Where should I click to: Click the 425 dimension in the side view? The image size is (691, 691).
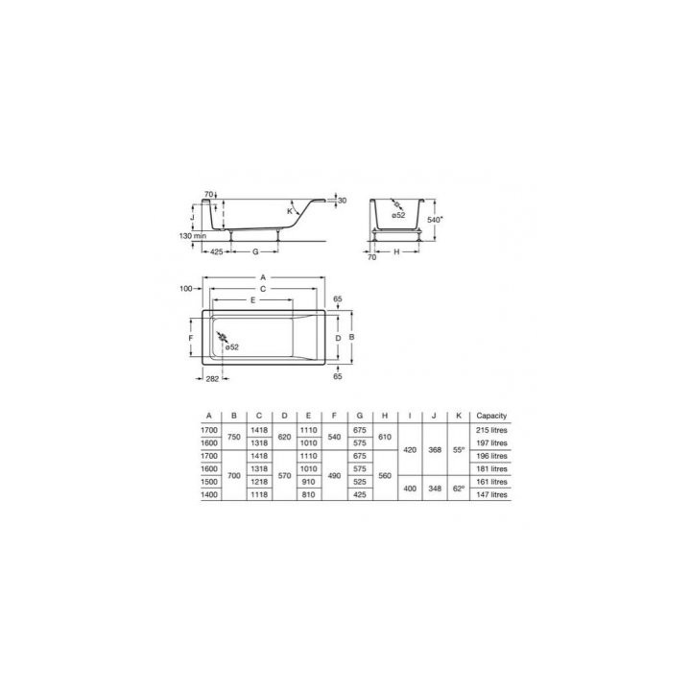[x=216, y=250]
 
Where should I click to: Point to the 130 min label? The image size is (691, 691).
[x=193, y=235]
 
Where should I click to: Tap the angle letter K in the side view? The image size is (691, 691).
[x=288, y=211]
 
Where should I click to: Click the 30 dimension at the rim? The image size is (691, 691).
[x=342, y=201]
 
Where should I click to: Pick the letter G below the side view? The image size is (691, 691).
[x=254, y=250]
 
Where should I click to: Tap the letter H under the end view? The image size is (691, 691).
[x=397, y=250]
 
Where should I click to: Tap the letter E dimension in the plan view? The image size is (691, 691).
[x=252, y=300]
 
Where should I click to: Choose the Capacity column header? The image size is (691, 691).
[x=491, y=416]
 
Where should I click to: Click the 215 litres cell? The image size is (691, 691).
[x=491, y=430]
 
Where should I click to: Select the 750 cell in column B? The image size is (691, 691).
[x=233, y=437]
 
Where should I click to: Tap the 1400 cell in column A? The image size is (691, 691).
[x=207, y=495]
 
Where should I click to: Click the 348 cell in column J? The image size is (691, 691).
[x=435, y=488]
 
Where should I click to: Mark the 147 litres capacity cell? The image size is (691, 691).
[x=491, y=495]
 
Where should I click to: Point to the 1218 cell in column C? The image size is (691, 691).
[x=258, y=482]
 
